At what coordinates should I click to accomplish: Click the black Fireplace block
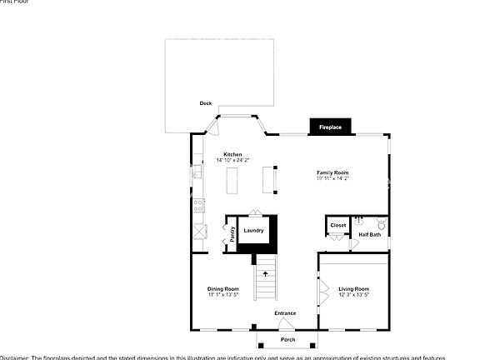[331, 127]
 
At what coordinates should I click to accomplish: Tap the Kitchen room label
[232, 154]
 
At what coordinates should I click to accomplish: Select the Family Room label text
[332, 172]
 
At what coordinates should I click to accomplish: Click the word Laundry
[253, 231]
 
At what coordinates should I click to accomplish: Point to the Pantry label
[232, 234]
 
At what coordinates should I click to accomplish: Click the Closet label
[338, 225]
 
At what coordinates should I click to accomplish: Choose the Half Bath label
[369, 235]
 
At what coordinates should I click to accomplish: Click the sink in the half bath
[360, 222]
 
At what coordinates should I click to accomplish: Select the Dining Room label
[222, 289]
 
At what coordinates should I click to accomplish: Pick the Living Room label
[353, 289]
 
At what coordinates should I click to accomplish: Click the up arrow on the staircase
[265, 273]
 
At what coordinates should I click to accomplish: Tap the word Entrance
[285, 313]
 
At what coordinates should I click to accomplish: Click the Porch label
[287, 340]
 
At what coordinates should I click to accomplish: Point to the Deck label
[205, 103]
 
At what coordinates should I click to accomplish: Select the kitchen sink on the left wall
[197, 172]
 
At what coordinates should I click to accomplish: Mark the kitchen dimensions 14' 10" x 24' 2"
[232, 160]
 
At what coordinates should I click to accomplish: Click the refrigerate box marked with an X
[199, 232]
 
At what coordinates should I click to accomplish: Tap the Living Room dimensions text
[353, 295]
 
